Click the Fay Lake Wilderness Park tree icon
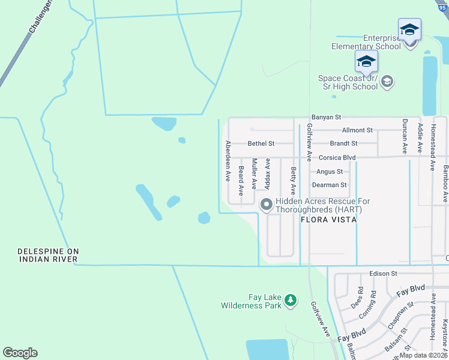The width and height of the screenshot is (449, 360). coord(291,300)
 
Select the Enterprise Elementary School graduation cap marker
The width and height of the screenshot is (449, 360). coord(409,29)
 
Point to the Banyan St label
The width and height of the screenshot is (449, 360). coord(326,118)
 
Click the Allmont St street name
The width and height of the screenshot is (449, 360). coord(357,130)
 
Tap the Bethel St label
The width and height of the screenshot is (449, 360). coord(261,144)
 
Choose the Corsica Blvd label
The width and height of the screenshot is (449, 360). coord(337,158)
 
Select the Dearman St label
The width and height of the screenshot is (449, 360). coord(330,185)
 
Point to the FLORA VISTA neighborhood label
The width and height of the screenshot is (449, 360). coord(329,220)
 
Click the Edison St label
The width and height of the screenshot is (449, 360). coord(384,274)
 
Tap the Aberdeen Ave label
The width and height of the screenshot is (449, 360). coord(228,161)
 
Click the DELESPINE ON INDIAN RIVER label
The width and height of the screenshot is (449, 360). coord(49,255)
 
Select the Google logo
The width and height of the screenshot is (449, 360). coord(20,353)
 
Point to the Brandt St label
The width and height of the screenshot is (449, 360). coord(343,144)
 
